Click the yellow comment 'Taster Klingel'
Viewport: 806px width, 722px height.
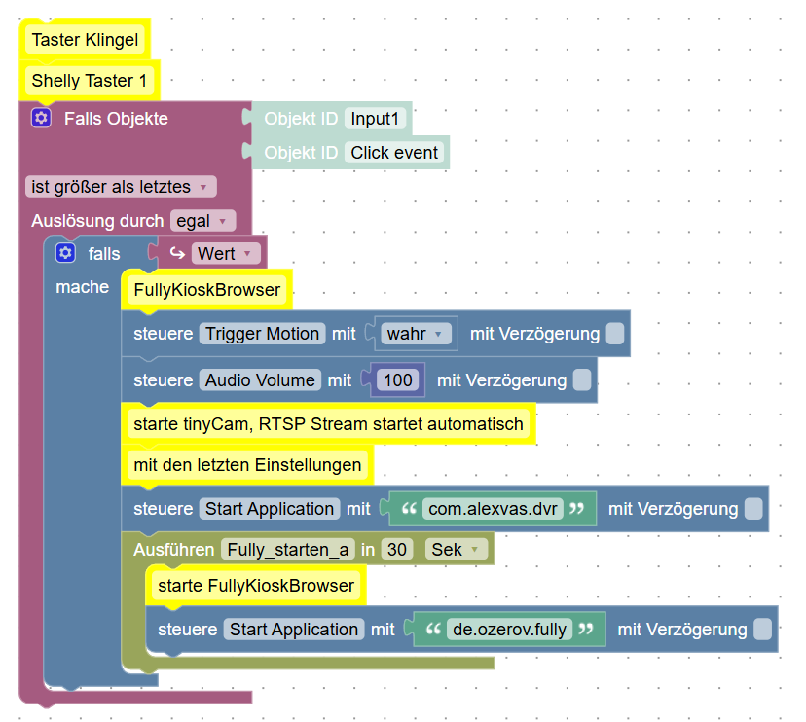[x=85, y=40]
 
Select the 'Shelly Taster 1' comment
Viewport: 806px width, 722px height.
[x=89, y=81]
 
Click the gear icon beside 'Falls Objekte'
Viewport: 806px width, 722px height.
[x=40, y=119]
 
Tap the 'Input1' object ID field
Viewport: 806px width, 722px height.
[x=375, y=119]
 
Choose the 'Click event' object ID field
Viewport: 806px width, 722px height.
[x=394, y=153]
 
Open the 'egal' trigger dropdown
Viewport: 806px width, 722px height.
[x=202, y=221]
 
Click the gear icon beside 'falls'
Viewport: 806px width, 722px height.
[x=65, y=254]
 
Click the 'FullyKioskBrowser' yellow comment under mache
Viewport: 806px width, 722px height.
[x=206, y=290]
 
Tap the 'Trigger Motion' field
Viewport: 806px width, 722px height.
[x=262, y=334]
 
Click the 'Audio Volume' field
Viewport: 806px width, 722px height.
[x=260, y=380]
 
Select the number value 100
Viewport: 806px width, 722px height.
[x=397, y=380]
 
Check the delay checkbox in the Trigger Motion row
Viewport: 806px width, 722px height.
[x=615, y=334]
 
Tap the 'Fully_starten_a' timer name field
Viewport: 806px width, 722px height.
[x=287, y=550]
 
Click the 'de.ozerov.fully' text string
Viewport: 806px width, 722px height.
[x=509, y=630]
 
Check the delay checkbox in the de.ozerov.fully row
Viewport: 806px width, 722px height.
[x=763, y=630]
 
